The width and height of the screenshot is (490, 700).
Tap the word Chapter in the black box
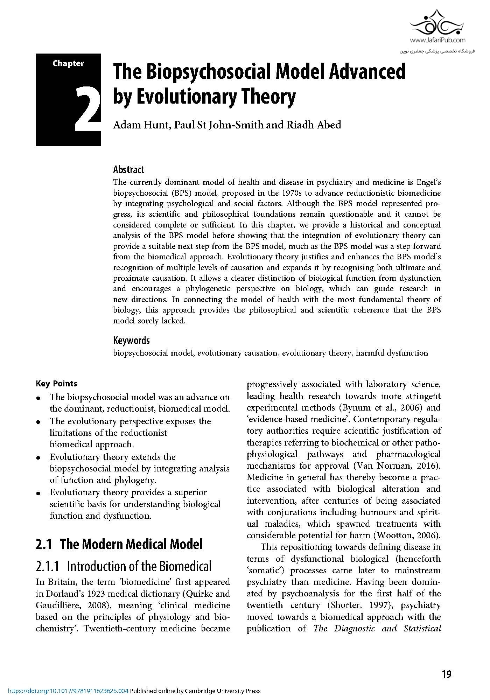point(68,63)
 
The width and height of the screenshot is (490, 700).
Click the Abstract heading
point(128,170)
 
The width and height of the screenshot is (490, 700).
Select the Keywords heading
point(131,341)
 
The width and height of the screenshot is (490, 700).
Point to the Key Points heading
point(56,384)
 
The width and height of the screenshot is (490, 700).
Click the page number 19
point(446,674)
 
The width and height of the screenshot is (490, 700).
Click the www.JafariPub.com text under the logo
point(437,40)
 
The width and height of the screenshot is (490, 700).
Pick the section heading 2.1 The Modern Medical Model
point(119,544)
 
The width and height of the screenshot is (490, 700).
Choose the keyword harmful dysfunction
point(392,353)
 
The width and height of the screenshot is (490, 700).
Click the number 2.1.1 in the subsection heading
point(49,566)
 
